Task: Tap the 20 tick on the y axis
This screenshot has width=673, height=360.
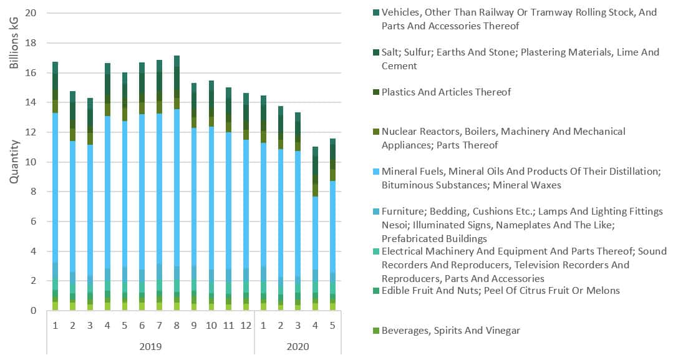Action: coord(32,13)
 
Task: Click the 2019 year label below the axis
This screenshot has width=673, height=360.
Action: coord(150,346)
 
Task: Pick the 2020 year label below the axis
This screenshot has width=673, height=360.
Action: coord(298,346)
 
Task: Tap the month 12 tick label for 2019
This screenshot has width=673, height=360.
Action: coord(246,326)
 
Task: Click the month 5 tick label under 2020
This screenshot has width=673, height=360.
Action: coord(332,326)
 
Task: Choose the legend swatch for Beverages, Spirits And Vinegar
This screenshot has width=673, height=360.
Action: coord(375,331)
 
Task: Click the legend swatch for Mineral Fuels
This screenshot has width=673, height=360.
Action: coord(375,172)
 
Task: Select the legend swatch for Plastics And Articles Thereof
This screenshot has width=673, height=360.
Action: coord(375,92)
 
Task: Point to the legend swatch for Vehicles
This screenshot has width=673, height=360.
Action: coord(375,12)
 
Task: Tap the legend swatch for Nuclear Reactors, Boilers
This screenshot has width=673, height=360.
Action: coord(375,132)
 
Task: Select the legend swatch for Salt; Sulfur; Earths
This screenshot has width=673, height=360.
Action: coord(375,52)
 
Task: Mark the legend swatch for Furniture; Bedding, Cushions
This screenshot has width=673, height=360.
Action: coord(375,212)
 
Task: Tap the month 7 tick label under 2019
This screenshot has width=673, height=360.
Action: coord(159,326)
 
